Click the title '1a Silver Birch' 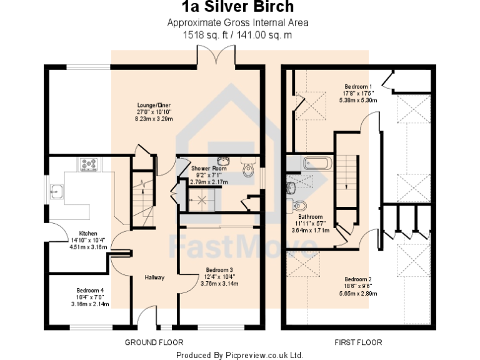point(237,7)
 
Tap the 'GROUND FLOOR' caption point(154,342)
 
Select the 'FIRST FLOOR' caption point(358,342)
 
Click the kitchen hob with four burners point(88,164)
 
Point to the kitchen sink point(57,191)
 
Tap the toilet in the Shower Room point(248,169)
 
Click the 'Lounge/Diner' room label point(154,105)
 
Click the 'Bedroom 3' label point(221,270)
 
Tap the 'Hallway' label point(154,277)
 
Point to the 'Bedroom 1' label point(358,86)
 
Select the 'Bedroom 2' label point(358,279)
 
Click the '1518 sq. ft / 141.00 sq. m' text point(237,35)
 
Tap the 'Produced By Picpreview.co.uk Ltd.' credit point(239,354)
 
